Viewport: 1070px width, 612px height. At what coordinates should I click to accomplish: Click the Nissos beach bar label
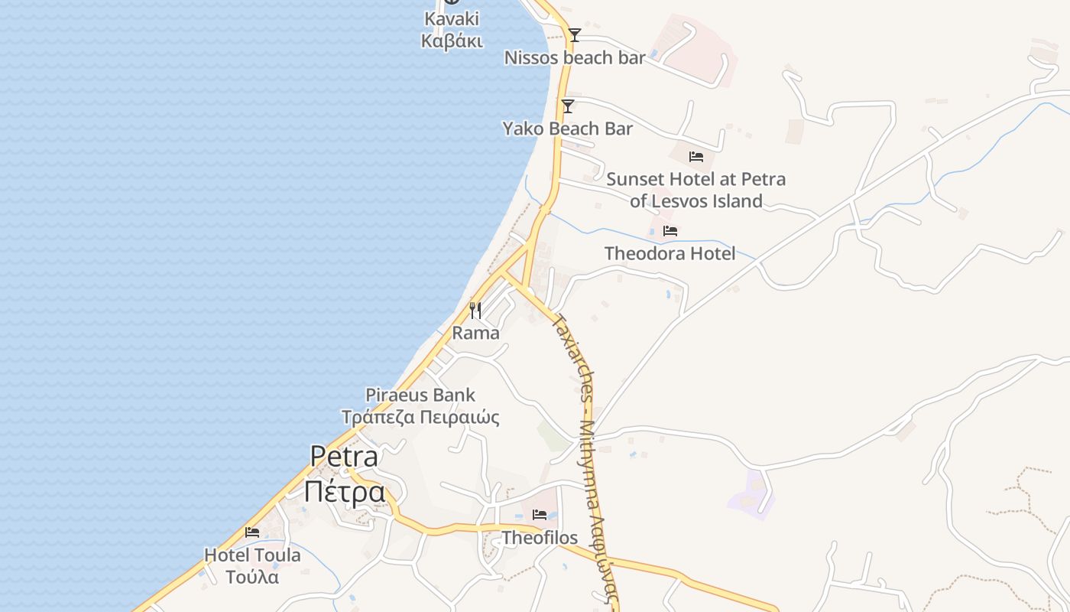coord(575,57)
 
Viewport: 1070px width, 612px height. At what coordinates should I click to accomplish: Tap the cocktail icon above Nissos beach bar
coord(575,35)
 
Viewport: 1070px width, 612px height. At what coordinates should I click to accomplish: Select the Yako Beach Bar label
coord(567,129)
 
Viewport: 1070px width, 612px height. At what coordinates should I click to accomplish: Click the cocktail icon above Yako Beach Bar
coord(568,106)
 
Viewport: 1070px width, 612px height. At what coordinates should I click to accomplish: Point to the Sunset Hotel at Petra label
coord(695,180)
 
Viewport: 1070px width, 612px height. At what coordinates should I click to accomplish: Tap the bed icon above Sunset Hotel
coord(695,157)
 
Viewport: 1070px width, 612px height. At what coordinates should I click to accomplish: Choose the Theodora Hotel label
coord(670,253)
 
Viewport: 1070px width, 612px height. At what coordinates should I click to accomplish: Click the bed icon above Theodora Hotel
coord(670,231)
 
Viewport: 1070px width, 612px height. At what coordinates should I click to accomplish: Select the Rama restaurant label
coord(475,333)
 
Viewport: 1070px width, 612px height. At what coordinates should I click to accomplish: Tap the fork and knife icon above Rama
coord(475,310)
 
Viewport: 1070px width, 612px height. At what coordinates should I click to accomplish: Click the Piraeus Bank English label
coord(420,396)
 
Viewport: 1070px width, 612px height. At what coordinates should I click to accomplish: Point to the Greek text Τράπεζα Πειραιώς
coord(420,418)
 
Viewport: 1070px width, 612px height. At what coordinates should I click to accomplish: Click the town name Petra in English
coord(344,457)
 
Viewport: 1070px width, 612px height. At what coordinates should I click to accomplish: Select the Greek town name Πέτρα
coord(344,491)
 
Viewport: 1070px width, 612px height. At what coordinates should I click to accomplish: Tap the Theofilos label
coord(540,538)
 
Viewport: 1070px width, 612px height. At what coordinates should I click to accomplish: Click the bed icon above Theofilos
coord(540,515)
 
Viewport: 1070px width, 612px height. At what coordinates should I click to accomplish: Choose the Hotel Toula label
coord(252,555)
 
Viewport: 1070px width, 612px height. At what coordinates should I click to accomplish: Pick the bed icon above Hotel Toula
coord(252,532)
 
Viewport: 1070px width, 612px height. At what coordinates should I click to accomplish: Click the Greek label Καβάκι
coord(452,41)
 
